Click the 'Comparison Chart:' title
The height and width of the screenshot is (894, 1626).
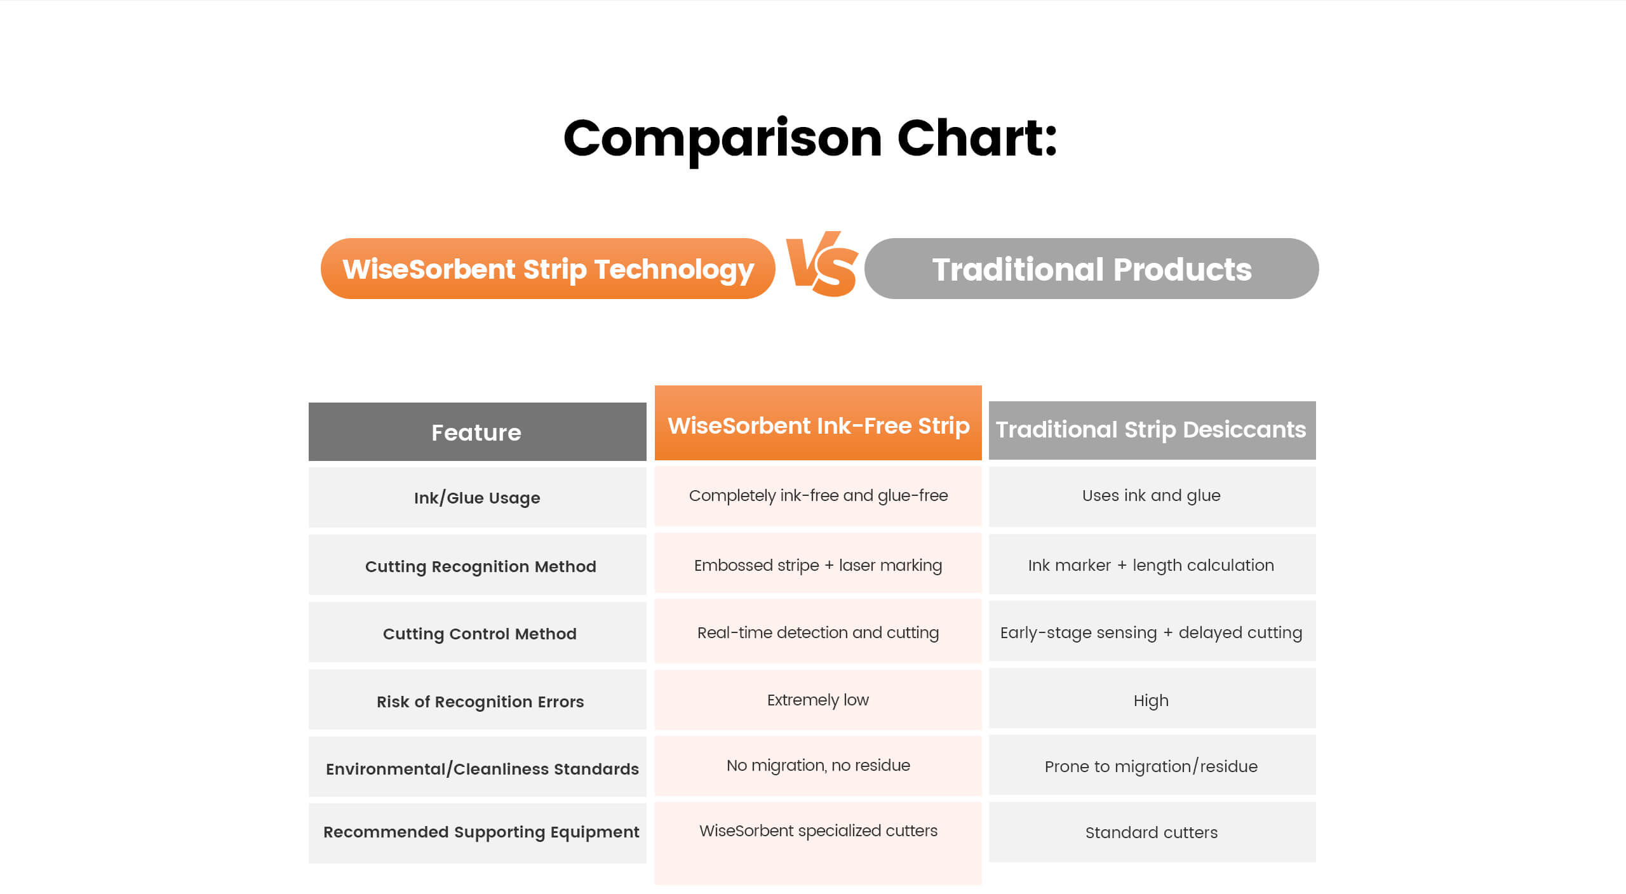810,140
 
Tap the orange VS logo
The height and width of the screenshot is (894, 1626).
822,264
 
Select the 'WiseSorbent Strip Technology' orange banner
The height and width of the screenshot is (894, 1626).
548,269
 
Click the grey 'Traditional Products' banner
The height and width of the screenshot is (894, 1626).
1091,269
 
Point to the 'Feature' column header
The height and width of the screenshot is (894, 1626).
477,432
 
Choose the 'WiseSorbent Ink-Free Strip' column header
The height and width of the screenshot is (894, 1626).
818,423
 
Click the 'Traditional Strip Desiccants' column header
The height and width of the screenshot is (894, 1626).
1152,430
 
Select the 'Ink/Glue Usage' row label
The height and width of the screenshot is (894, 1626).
477,498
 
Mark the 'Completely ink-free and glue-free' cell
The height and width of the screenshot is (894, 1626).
818,495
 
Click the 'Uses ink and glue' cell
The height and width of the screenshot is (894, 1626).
1152,495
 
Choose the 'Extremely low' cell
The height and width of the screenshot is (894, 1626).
818,700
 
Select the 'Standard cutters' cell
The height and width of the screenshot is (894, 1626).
1152,832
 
